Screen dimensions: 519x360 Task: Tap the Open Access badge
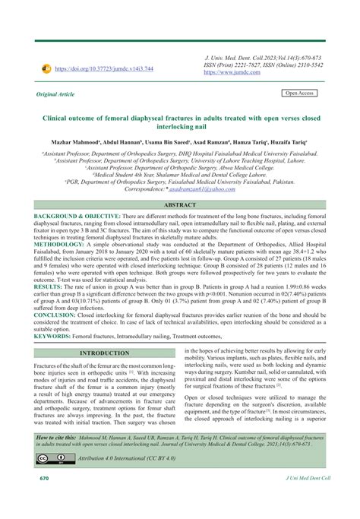298,93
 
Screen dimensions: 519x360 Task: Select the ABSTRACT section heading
179,206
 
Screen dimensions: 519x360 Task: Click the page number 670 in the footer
34,501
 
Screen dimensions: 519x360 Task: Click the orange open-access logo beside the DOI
47,68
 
